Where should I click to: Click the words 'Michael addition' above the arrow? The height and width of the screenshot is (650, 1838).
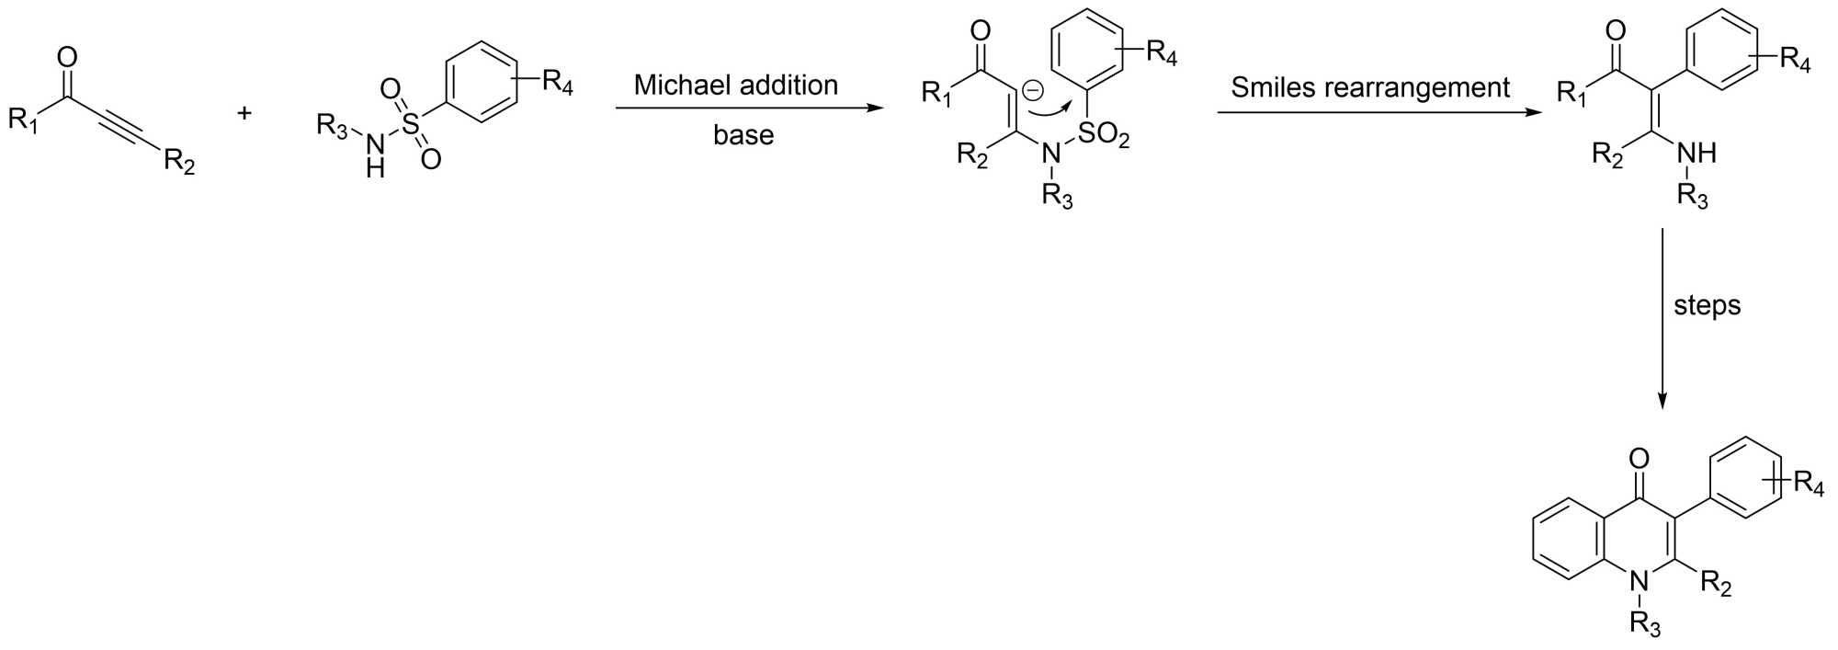pyautogui.click(x=735, y=86)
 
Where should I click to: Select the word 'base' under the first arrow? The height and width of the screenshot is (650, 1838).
pyautogui.click(x=743, y=135)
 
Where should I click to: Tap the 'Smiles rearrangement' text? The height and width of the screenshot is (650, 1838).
pyautogui.click(x=1369, y=87)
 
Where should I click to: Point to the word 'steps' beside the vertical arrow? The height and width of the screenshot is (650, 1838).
pyautogui.click(x=1707, y=305)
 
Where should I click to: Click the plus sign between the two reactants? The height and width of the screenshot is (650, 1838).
pyautogui.click(x=244, y=114)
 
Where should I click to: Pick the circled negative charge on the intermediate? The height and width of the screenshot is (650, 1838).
pyautogui.click(x=1032, y=90)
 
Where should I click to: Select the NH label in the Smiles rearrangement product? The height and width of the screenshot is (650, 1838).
pyautogui.click(x=1696, y=153)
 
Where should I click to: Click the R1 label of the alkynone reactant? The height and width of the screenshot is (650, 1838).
pyautogui.click(x=23, y=120)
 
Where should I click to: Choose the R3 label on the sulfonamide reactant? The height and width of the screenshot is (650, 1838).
pyautogui.click(x=332, y=126)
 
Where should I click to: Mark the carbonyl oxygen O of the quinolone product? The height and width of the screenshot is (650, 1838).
pyautogui.click(x=1638, y=459)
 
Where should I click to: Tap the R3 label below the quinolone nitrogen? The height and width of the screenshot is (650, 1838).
pyautogui.click(x=1644, y=625)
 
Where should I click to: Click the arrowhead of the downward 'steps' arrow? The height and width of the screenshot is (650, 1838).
pyautogui.click(x=1662, y=401)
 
